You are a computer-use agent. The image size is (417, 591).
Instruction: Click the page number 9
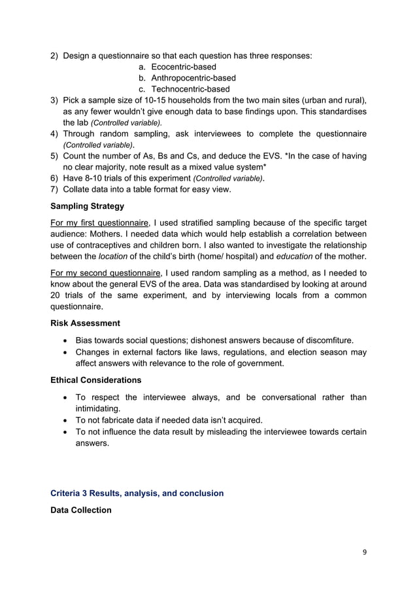click(x=363, y=551)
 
